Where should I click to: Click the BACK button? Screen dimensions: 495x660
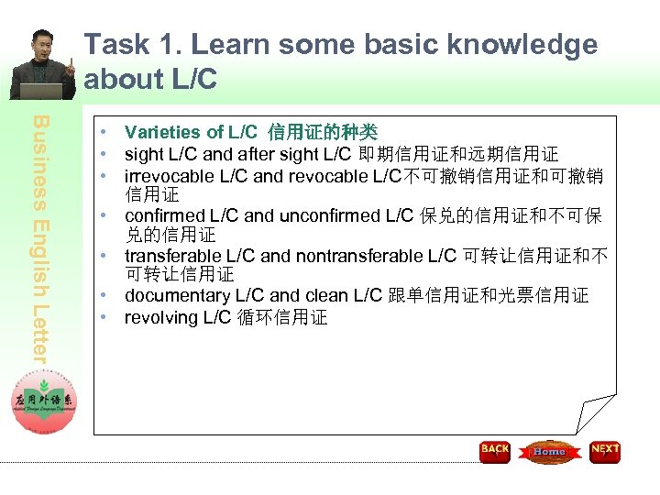pyautogui.click(x=495, y=451)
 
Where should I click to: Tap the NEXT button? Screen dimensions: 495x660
pyautogui.click(x=605, y=451)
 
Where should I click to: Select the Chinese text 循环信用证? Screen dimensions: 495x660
pyautogui.click(x=282, y=317)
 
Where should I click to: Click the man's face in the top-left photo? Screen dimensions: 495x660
pyautogui.click(x=43, y=46)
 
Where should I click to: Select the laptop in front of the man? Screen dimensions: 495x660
pyautogui.click(x=42, y=91)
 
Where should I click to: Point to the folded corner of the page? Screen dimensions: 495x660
pyautogui.click(x=596, y=413)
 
